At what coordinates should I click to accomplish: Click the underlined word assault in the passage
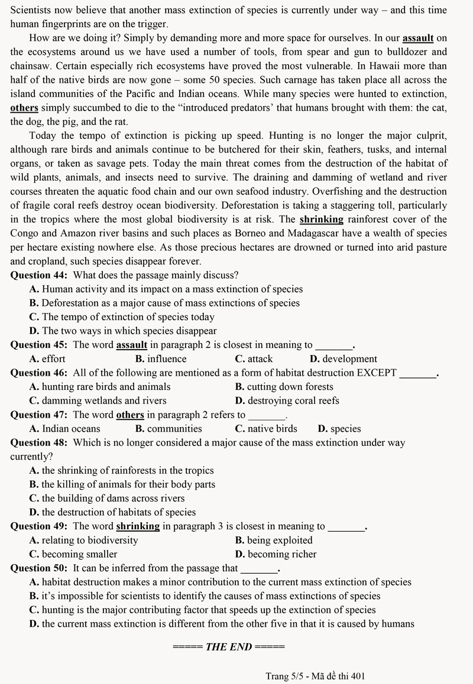click(x=418, y=38)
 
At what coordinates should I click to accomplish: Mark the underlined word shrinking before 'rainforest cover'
click(x=322, y=219)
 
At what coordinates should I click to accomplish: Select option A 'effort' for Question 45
click(x=47, y=359)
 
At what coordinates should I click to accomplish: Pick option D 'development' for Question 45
click(x=343, y=359)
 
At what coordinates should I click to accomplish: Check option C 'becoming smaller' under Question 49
click(x=73, y=554)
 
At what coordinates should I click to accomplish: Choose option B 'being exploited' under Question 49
click(x=274, y=540)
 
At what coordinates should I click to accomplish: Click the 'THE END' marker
click(x=228, y=647)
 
